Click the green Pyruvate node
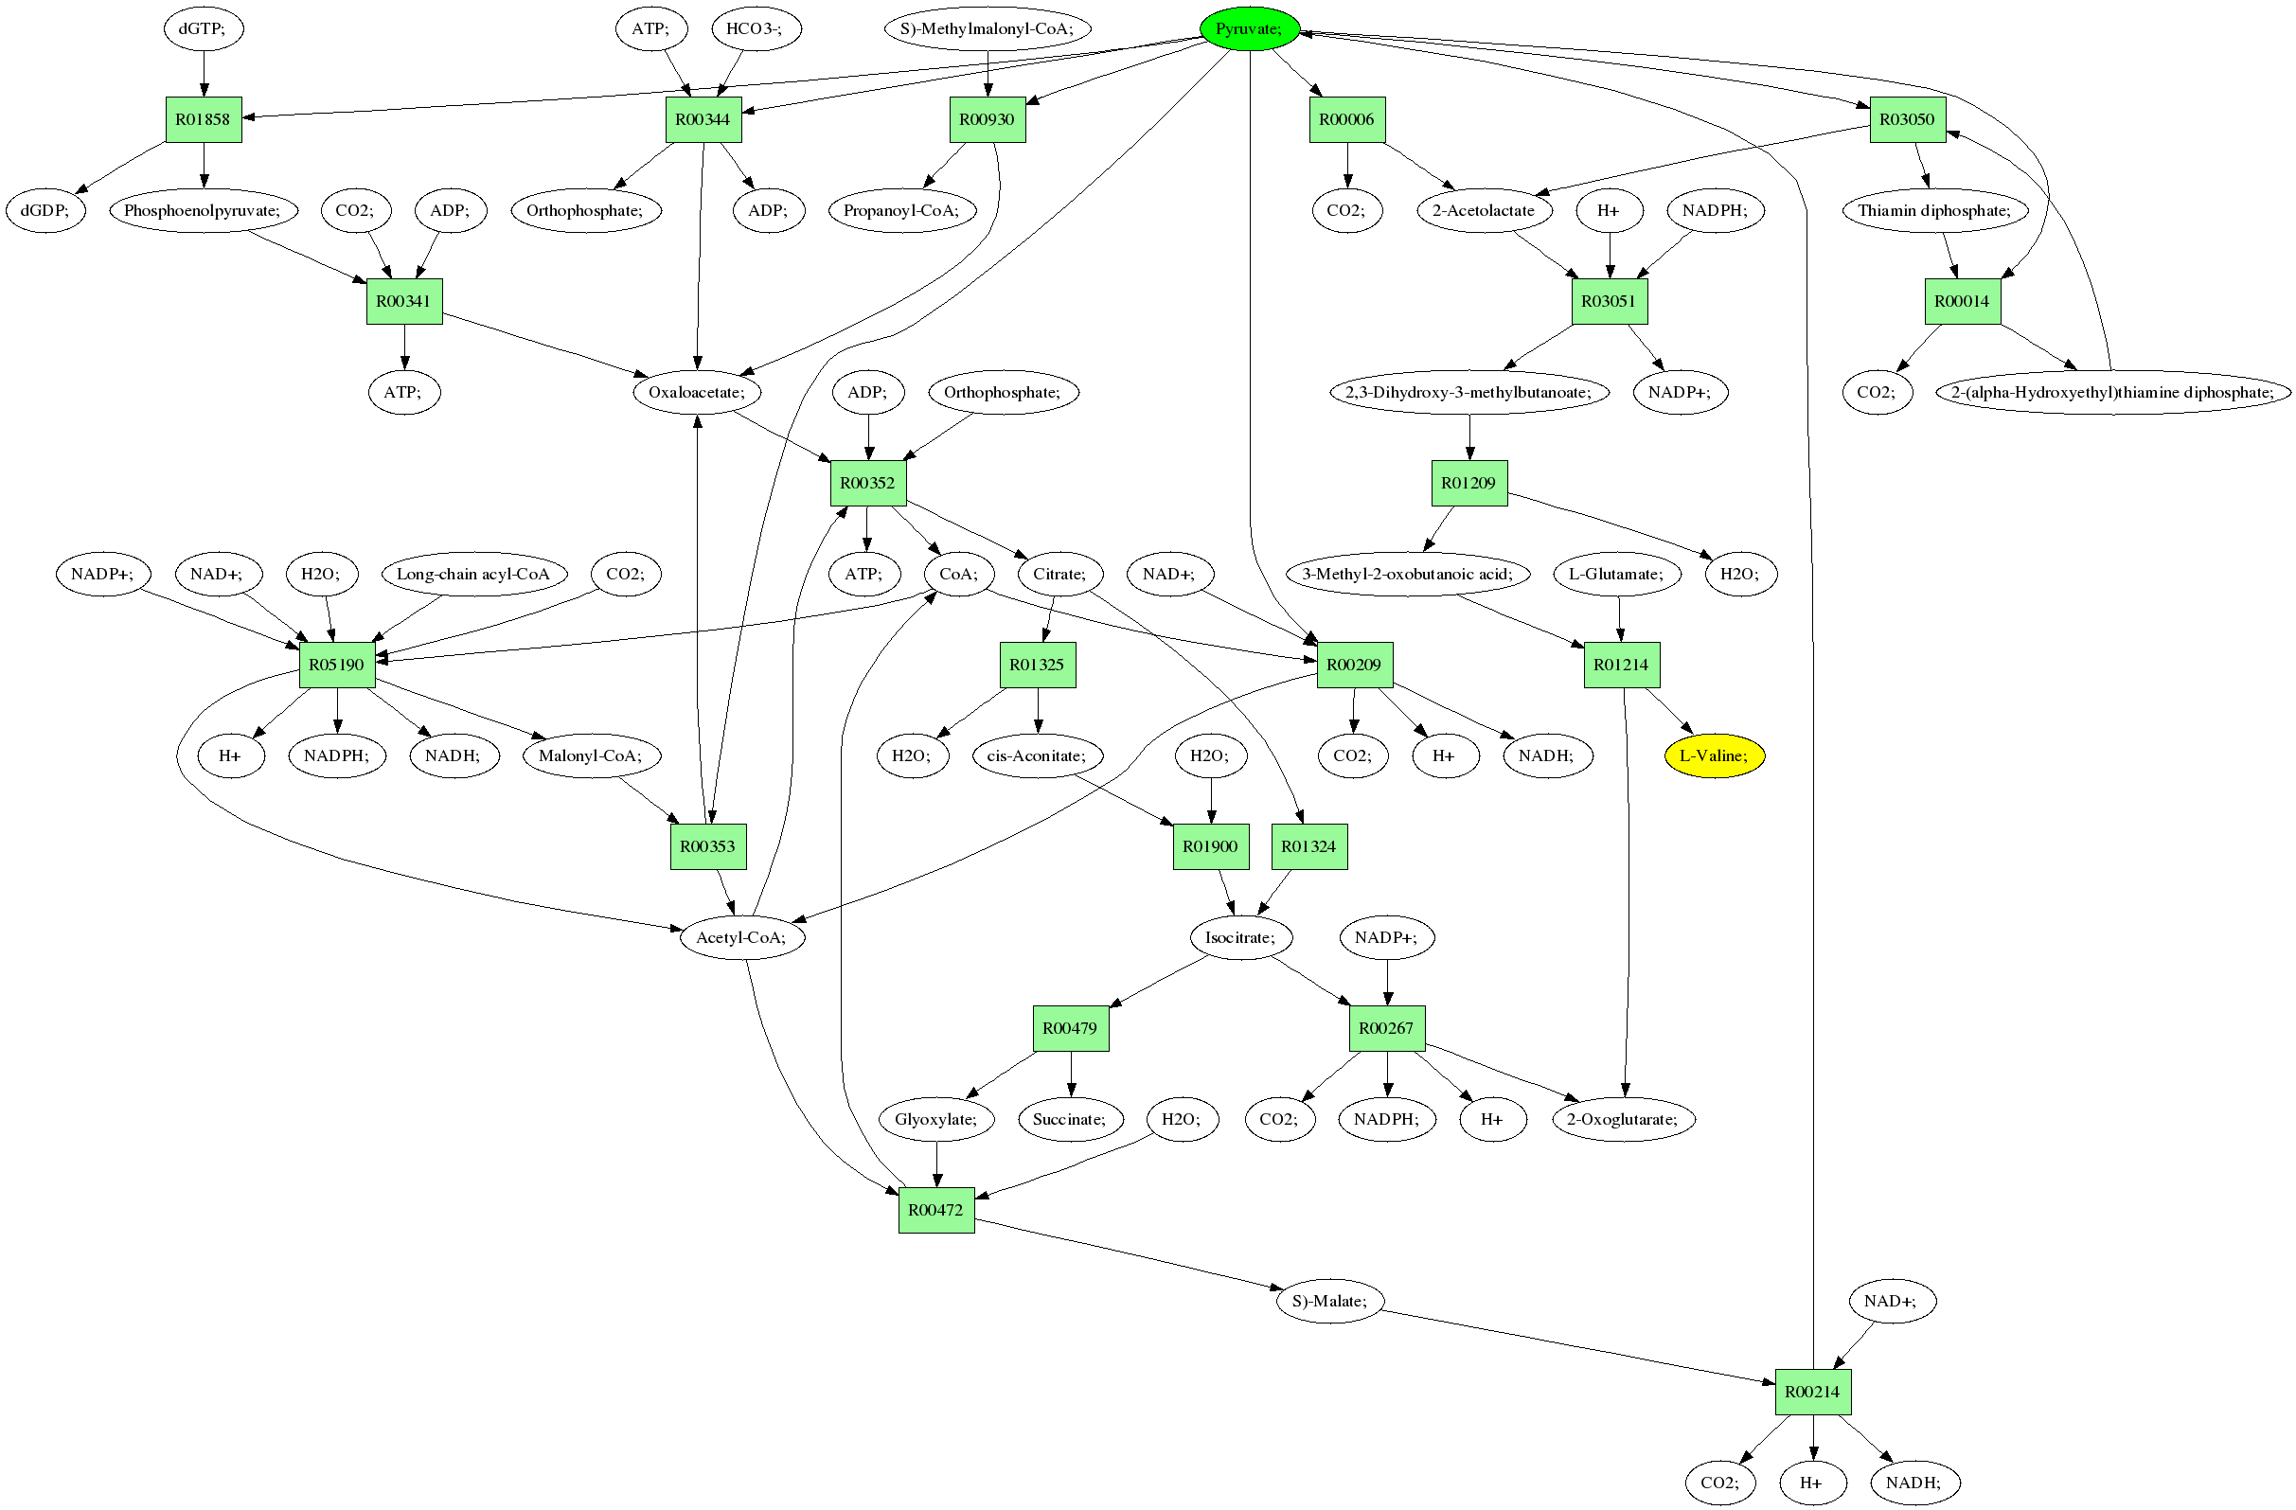point(1248,29)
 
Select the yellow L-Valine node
point(1714,755)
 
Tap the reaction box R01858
point(203,119)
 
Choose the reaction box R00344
point(703,119)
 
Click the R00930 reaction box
point(987,119)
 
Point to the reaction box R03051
point(1610,301)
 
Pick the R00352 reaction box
point(867,483)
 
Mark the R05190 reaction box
point(337,665)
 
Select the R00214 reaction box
point(1813,1392)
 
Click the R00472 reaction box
point(935,1210)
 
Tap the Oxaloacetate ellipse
point(697,392)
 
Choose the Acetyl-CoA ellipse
point(741,937)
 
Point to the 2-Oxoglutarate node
point(1623,1119)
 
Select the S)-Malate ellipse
point(1329,1301)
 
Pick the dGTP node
point(203,29)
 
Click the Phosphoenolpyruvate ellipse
point(203,210)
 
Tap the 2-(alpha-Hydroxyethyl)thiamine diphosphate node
point(2111,392)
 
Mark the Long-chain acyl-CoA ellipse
point(472,574)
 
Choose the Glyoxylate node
point(935,1119)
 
